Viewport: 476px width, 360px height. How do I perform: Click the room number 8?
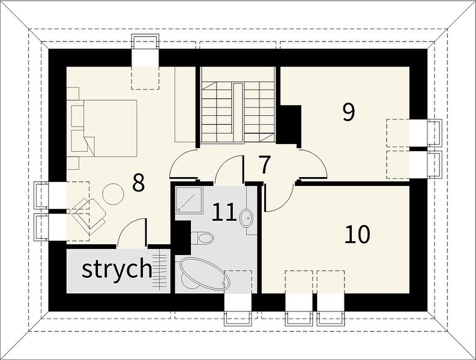pos(139,183)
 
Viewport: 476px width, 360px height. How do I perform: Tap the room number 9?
pos(349,112)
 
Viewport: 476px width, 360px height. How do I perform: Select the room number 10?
pos(358,235)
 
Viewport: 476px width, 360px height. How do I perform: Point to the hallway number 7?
pos(265,164)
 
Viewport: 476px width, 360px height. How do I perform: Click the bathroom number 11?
pos(224,212)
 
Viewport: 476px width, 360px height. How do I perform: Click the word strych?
pos(117,269)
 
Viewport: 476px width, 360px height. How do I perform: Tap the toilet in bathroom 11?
pos(202,238)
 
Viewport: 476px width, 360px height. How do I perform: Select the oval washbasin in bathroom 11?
pos(247,218)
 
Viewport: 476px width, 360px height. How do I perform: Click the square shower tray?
pos(188,199)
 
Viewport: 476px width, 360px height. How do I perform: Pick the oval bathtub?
pos(205,274)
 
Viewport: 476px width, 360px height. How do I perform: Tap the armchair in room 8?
pos(88,215)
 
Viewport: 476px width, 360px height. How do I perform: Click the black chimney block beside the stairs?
pos(290,124)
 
